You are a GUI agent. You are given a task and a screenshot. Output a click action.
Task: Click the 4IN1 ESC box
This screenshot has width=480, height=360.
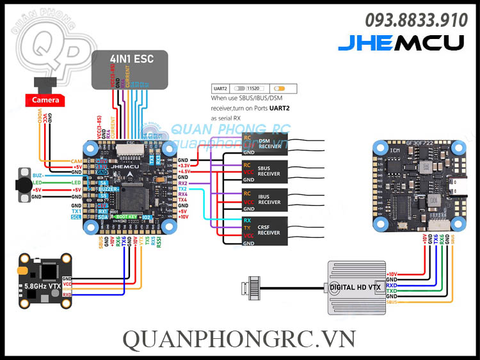click(x=131, y=68)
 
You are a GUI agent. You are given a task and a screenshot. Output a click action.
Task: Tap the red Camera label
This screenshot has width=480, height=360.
click(x=45, y=100)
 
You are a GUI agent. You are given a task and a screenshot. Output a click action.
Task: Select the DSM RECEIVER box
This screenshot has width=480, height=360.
click(x=264, y=145)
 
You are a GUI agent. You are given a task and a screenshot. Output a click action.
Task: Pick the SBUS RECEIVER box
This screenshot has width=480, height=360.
click(x=264, y=172)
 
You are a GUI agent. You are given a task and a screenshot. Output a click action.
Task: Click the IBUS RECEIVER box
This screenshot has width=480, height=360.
click(x=264, y=201)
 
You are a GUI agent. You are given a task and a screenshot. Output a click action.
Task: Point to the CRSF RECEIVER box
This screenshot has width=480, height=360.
click(x=264, y=231)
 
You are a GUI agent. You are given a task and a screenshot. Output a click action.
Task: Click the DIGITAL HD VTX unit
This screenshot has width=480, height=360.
click(x=356, y=287)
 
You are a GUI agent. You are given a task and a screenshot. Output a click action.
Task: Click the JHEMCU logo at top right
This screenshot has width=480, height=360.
click(x=401, y=43)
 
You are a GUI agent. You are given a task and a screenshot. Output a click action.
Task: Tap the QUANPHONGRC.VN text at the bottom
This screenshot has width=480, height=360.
click(x=239, y=338)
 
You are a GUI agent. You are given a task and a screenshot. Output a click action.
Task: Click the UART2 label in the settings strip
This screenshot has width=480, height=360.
click(x=220, y=89)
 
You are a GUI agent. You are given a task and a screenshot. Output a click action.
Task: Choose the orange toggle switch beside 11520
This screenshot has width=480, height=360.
click(x=280, y=89)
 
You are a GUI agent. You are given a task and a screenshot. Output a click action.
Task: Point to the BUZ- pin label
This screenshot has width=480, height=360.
click(x=38, y=175)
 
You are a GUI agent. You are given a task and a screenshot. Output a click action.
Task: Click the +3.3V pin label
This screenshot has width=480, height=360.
click(x=185, y=166)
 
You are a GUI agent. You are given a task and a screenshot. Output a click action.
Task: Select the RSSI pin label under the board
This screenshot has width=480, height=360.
click(x=159, y=242)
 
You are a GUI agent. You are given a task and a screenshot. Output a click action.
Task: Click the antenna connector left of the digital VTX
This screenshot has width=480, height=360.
click(x=252, y=286)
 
